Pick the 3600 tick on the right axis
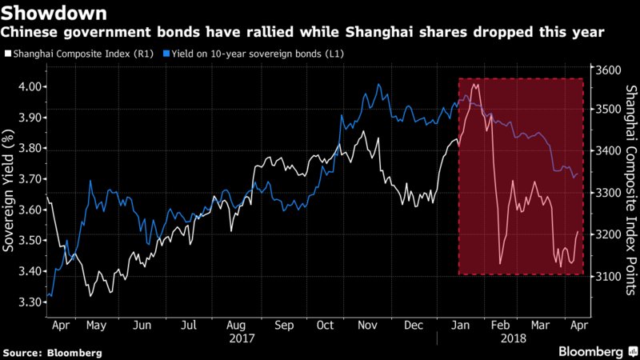click(x=608, y=70)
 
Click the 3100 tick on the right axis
click(x=608, y=276)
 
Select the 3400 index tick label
click(x=608, y=152)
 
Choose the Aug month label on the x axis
click(x=234, y=326)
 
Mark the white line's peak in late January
click(x=476, y=83)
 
